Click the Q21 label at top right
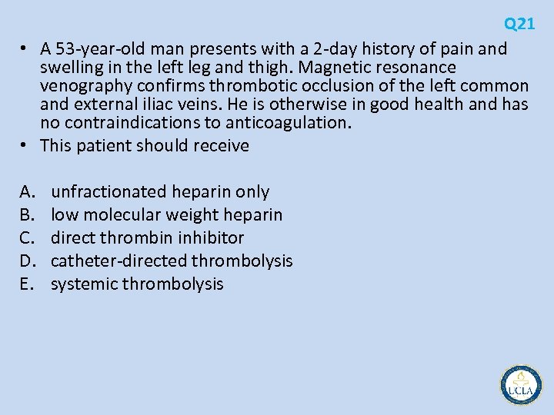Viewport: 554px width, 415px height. point(519,24)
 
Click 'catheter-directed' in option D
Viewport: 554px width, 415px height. point(119,261)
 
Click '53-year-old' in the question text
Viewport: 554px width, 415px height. point(105,49)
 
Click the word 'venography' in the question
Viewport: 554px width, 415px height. point(85,86)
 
